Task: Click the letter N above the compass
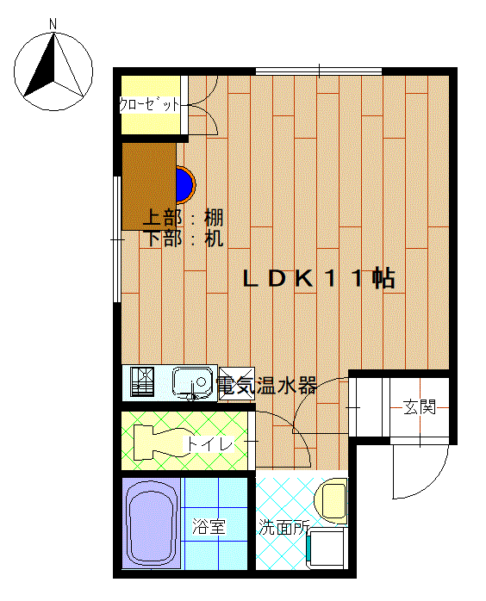click(53, 24)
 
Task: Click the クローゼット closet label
click(150, 104)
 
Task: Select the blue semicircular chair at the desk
click(185, 184)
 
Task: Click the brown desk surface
click(149, 186)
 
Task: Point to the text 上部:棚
click(183, 218)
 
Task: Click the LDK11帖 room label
click(319, 278)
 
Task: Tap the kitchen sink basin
click(192, 381)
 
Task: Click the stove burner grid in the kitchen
click(142, 381)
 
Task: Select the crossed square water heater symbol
click(237, 384)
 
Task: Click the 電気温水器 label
click(266, 386)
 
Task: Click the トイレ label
click(209, 444)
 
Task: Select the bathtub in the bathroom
click(151, 524)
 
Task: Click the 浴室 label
click(209, 527)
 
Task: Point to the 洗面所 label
click(283, 528)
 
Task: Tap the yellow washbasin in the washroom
click(332, 500)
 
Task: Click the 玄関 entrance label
click(420, 407)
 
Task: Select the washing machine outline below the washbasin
click(327, 548)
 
